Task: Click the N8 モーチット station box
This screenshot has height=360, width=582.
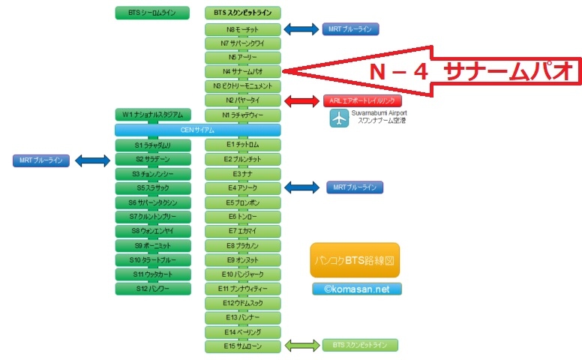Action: (x=242, y=30)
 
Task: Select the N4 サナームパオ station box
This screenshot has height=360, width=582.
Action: (x=242, y=72)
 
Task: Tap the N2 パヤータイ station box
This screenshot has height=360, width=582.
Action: (x=242, y=100)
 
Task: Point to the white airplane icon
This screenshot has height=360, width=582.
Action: (x=339, y=118)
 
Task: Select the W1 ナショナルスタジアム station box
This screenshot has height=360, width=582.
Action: (x=153, y=115)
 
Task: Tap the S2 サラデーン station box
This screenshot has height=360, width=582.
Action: (x=153, y=160)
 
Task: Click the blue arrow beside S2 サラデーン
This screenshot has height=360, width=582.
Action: (x=93, y=160)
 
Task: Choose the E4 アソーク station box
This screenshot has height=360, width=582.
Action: (x=242, y=187)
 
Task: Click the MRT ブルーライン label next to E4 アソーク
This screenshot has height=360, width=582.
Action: (x=355, y=187)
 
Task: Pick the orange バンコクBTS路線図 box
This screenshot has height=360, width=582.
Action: (x=354, y=260)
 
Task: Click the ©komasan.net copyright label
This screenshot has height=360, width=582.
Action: (x=357, y=289)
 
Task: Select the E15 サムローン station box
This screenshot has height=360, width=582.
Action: (x=242, y=346)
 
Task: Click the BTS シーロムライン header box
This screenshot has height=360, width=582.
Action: (x=153, y=13)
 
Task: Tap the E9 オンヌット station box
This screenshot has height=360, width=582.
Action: (x=242, y=259)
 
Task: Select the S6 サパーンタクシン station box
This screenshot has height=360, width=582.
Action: (x=153, y=202)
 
